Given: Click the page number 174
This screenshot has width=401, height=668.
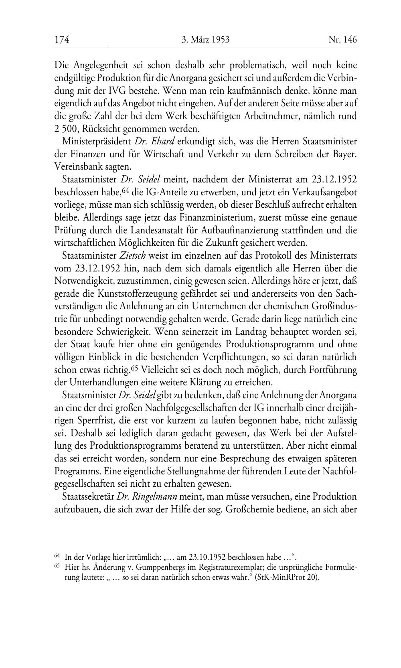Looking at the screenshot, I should tap(62, 40).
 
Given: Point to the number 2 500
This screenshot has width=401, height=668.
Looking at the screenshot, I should tap(66, 129).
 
